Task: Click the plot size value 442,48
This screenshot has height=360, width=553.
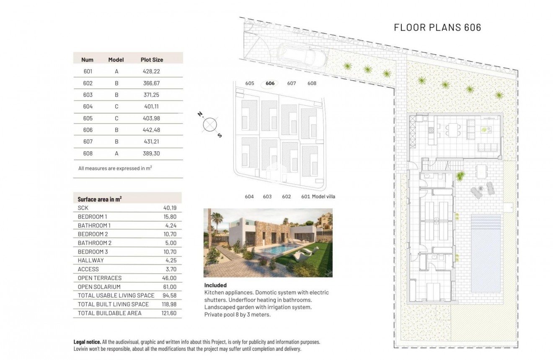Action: click(152, 130)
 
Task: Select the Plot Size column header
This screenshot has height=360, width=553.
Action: click(152, 60)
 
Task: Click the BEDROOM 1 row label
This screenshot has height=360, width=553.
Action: click(93, 217)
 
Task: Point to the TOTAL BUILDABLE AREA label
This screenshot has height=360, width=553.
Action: click(110, 313)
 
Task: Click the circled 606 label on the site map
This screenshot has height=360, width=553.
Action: click(270, 83)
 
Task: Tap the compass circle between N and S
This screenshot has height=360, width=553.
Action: click(209, 124)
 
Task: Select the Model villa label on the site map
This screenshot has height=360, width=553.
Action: click(324, 197)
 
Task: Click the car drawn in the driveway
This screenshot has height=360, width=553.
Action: click(302, 58)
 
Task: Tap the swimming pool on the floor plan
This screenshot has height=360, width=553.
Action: click(486, 254)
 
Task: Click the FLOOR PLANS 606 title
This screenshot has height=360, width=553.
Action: click(437, 28)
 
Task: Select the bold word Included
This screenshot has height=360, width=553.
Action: click(215, 285)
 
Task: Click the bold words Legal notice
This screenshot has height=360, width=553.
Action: click(87, 342)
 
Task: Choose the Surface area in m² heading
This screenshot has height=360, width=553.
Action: click(100, 199)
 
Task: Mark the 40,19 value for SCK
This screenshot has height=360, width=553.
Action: click(170, 208)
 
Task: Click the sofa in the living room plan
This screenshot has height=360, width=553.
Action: click(488, 147)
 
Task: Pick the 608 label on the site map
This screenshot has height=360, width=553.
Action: click(312, 83)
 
